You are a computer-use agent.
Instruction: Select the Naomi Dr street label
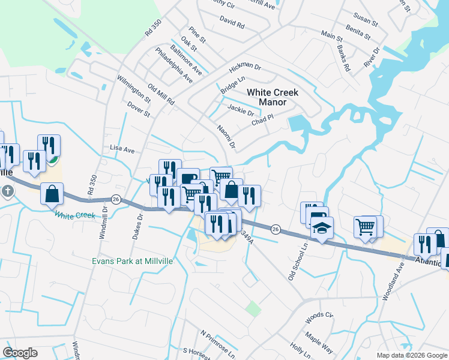(226, 137)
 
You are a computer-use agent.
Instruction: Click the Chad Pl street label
(262, 120)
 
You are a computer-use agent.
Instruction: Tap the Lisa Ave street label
(122, 149)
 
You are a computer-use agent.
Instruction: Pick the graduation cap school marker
(322, 228)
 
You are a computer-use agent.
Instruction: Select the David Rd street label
(232, 25)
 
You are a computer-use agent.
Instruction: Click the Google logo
(20, 352)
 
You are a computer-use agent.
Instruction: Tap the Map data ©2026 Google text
(411, 355)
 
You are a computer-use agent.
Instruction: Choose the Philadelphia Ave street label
(173, 65)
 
